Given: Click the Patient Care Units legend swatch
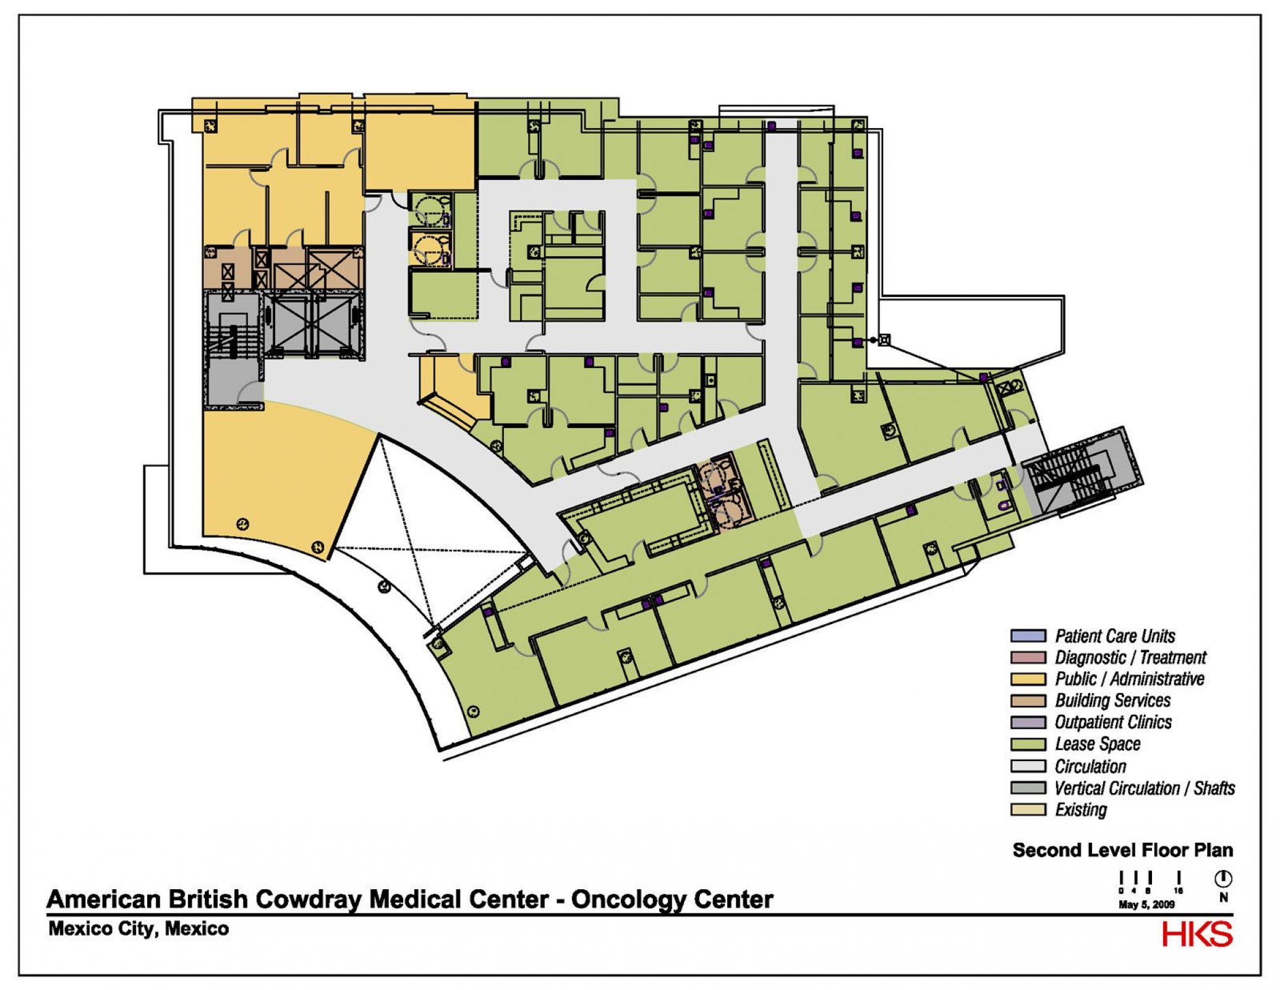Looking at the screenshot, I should (1028, 635).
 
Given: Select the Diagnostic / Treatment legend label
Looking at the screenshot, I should (1130, 657).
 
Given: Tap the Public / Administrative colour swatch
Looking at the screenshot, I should (1028, 679).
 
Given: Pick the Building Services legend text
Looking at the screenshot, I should (1112, 700).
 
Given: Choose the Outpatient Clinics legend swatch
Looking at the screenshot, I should (1028, 722).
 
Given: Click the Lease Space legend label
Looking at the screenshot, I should (1097, 744).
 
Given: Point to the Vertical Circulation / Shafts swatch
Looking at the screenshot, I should (1028, 788).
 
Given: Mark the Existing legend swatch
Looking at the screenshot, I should (1028, 809).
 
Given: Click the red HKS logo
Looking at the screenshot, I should (1197, 934).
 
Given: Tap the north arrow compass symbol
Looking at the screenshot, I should (1222, 879).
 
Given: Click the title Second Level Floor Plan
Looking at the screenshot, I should (1122, 850).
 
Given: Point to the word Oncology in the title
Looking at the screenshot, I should (628, 899).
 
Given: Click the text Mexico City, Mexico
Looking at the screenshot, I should (139, 929).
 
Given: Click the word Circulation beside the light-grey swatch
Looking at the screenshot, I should (1090, 766).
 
